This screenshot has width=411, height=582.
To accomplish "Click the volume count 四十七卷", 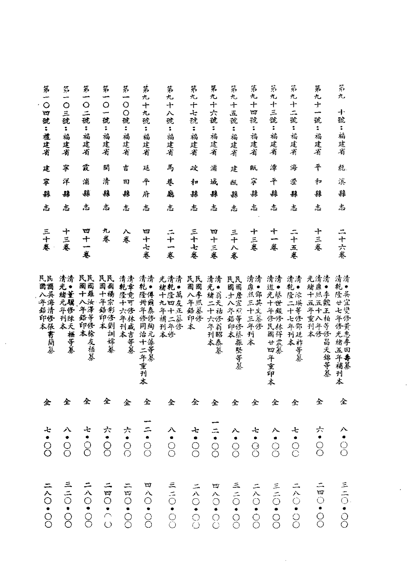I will coord(146,243).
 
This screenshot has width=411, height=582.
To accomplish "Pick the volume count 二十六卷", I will coord(342,243).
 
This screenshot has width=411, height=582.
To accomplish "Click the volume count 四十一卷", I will coord(87,243).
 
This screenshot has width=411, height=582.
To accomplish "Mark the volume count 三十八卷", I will coord(234,243).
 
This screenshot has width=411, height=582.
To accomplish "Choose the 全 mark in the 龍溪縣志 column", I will coord(343,401).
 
